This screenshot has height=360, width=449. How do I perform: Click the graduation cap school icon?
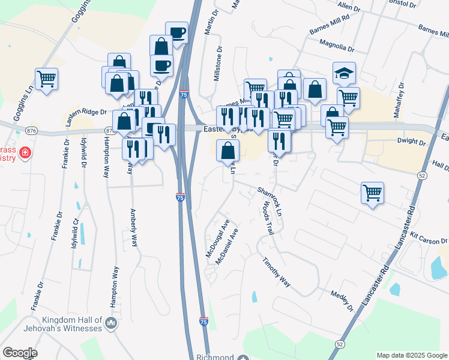point(344,73)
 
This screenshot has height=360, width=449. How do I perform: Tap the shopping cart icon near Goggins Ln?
point(46,79)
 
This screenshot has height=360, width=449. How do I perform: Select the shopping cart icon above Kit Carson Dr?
point(373,193)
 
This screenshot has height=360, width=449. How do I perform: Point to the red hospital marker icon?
point(25,152)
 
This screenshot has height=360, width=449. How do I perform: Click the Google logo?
point(20,353)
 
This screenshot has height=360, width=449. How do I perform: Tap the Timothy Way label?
point(276,272)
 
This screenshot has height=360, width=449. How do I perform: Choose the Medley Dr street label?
point(342,301)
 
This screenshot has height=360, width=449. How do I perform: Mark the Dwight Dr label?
point(412,142)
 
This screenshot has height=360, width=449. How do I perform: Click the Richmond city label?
point(214,356)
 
